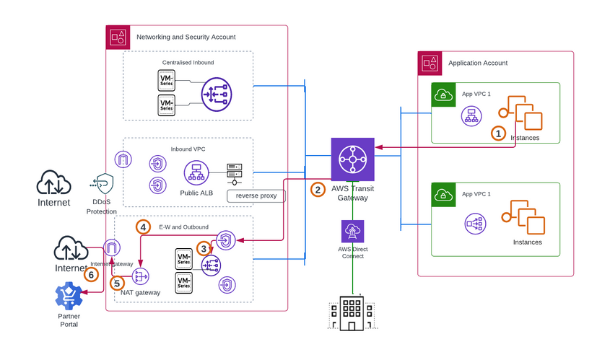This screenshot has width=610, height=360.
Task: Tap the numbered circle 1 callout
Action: pyautogui.click(x=497, y=133)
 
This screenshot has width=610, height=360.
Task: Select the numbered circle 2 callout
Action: pyautogui.click(x=318, y=190)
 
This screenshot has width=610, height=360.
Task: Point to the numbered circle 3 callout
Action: pyautogui.click(x=204, y=247)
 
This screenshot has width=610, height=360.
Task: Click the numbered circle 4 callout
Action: pyautogui.click(x=144, y=227)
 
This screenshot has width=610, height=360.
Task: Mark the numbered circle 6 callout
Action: pyautogui.click(x=91, y=274)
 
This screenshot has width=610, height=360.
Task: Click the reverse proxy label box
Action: pyautogui.click(x=256, y=196)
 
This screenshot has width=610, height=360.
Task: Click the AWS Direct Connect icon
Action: pyautogui.click(x=353, y=232)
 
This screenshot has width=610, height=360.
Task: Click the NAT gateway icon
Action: pyautogui.click(x=140, y=276)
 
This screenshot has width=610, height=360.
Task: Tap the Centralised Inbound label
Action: pyautogui.click(x=188, y=62)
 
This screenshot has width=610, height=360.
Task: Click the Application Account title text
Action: pyautogui.click(x=478, y=63)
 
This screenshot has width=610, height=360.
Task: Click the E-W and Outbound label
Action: pyautogui.click(x=188, y=227)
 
